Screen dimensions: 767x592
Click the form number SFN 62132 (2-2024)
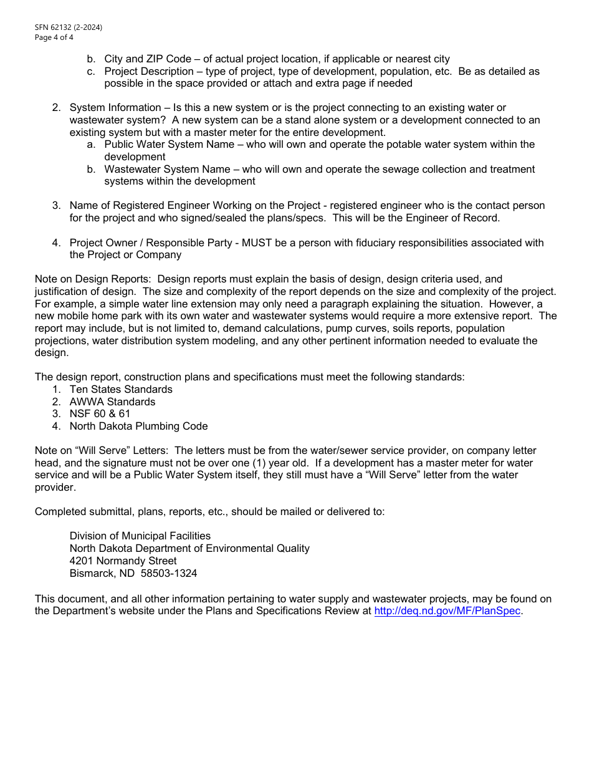pyautogui.click(x=69, y=27)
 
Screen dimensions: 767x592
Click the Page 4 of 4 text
pyautogui.click(x=54, y=37)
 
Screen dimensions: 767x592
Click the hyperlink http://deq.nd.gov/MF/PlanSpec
pyautogui.click(x=447, y=611)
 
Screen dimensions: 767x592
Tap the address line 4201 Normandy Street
pyautogui.click(x=123, y=561)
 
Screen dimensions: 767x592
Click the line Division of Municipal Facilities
pyautogui.click(x=140, y=536)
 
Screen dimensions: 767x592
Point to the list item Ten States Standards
pyautogui.click(x=121, y=389)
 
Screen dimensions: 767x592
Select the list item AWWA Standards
pyautogui.click(x=112, y=402)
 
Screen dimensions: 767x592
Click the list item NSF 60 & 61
pyautogui.click(x=100, y=413)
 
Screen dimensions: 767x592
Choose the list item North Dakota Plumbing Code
pyautogui.click(x=138, y=426)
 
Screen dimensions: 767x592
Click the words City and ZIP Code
pyautogui.click(x=148, y=59)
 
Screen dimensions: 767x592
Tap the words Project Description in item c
pyautogui.click(x=149, y=71)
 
